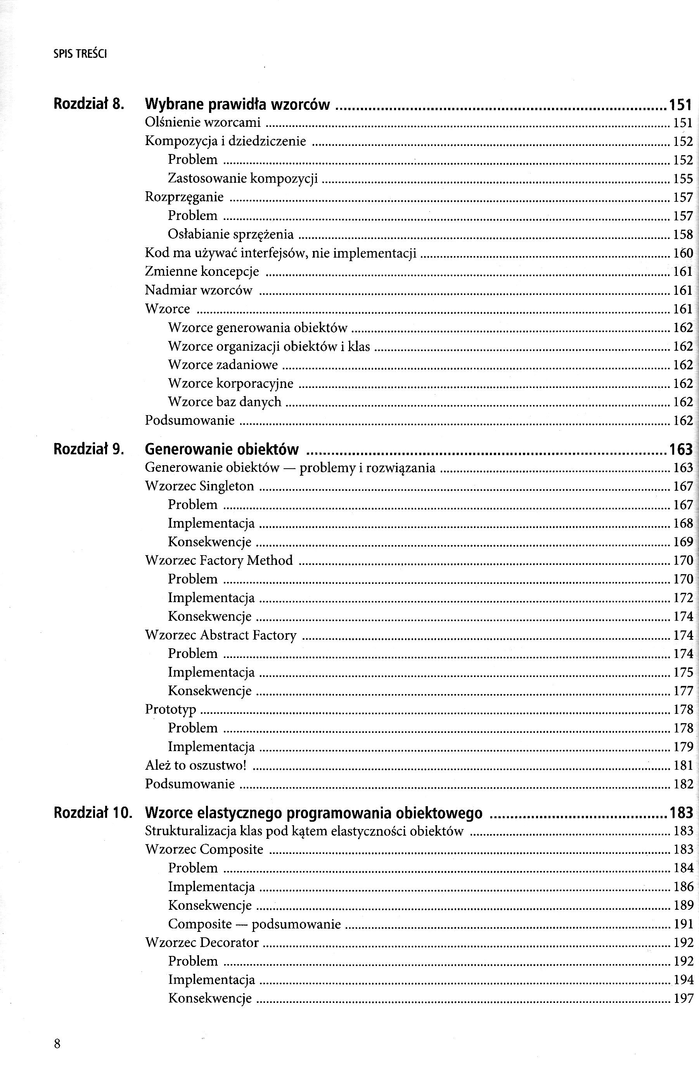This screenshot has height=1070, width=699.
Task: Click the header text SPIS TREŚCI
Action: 80,54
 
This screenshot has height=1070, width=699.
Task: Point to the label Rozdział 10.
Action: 93,812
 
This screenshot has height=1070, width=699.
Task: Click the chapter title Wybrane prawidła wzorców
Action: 237,105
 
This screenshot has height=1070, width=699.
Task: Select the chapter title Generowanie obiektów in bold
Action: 222,449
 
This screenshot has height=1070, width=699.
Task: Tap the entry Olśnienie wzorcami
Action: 203,122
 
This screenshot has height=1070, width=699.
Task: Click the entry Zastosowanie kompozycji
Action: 243,178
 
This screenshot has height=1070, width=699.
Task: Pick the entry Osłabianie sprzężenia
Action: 230,234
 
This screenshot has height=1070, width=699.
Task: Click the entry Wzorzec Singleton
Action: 200,486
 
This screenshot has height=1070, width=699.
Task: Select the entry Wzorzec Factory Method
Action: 219,560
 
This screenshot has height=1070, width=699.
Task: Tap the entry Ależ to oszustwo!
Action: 196,765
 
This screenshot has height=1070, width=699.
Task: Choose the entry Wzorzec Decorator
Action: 202,942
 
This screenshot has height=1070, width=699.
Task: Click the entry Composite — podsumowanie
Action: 254,924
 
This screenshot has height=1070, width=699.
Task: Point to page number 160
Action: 683,253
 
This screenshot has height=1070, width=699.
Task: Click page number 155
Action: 683,179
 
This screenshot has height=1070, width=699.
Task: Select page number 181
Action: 683,765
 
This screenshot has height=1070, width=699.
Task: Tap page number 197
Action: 683,999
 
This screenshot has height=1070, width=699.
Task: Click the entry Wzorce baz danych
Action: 225,402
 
